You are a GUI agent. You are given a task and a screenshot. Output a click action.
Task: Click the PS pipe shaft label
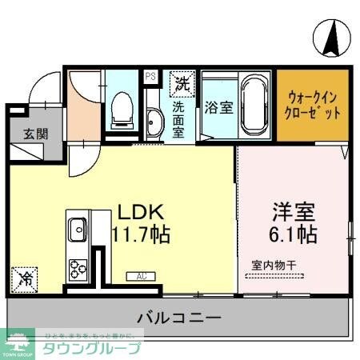150,78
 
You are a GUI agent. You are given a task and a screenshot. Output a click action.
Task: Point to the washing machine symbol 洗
182,82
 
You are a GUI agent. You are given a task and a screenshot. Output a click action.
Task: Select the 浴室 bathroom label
218,106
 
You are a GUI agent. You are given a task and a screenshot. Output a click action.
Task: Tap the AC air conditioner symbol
141,276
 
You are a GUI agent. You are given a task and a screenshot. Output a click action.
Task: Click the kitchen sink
77,230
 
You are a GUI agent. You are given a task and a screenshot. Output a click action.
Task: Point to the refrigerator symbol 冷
26,281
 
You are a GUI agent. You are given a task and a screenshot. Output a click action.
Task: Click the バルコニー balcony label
178,318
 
